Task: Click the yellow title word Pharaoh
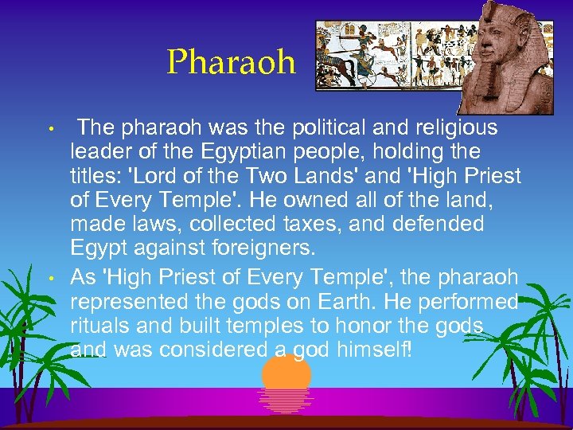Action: tap(230, 61)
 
